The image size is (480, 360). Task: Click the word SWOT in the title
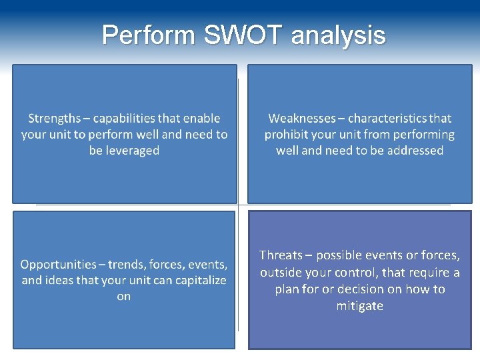coord(243,35)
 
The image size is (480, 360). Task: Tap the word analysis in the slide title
coord(338,35)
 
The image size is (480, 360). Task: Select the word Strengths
coord(54,119)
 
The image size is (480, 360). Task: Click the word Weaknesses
coord(301,119)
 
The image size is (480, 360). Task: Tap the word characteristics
coord(387,119)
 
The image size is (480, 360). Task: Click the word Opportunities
coord(58,265)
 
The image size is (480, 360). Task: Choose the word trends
coord(127,265)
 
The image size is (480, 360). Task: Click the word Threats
coord(281,255)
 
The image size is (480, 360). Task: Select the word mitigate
coord(360,306)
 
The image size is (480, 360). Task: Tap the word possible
coord(339,255)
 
